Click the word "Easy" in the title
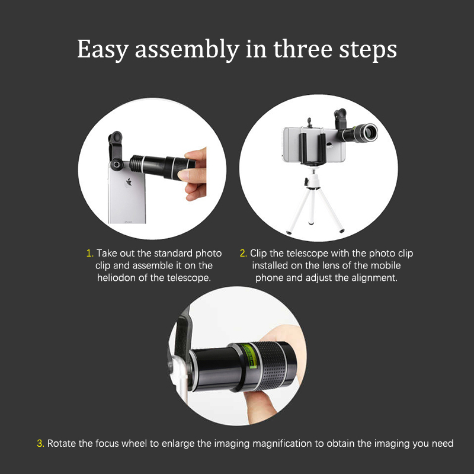tap(103, 50)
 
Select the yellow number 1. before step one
tap(90, 253)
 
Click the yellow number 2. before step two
tap(244, 253)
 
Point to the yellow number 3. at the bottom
tap(40, 443)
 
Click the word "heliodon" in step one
tap(116, 277)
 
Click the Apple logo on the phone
tap(129, 182)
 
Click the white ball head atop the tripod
tap(314, 174)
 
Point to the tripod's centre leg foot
tap(310, 223)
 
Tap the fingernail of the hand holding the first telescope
tap(182, 175)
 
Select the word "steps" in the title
tap(367, 50)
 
